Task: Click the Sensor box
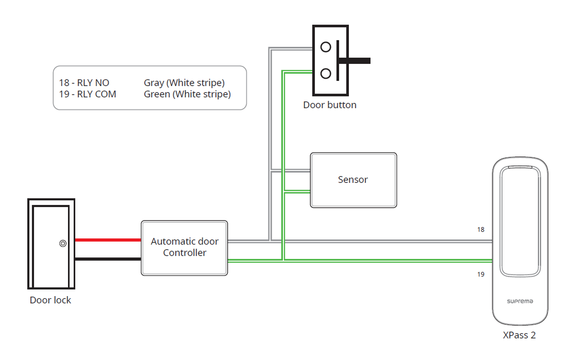click(x=353, y=180)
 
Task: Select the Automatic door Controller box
click(x=184, y=248)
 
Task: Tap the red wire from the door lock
click(x=108, y=240)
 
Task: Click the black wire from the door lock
click(x=108, y=259)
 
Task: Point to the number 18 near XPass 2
click(x=480, y=230)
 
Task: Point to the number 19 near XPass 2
click(x=480, y=275)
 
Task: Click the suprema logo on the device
click(x=519, y=301)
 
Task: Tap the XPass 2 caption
click(x=519, y=335)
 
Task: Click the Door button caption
click(x=330, y=105)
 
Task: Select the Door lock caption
click(x=50, y=300)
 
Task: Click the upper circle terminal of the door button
click(x=326, y=47)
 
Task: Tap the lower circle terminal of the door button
click(x=326, y=74)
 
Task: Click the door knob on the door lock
click(x=62, y=244)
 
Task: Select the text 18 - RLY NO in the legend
click(x=84, y=83)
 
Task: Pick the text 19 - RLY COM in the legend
click(x=88, y=94)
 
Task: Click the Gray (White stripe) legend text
click(x=184, y=83)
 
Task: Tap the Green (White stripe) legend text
click(x=187, y=94)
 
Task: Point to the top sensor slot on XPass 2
click(x=519, y=167)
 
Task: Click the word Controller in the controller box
click(x=184, y=253)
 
